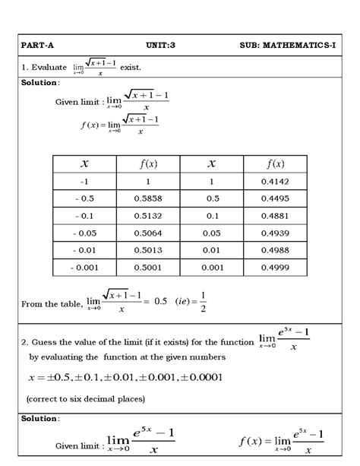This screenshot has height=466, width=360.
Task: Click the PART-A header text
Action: tap(37, 46)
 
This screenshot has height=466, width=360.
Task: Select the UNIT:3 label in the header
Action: tap(160, 46)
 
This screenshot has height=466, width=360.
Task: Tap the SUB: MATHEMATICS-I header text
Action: tap(288, 46)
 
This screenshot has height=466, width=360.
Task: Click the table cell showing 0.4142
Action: tap(275, 182)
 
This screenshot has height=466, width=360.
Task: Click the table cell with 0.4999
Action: tap(275, 268)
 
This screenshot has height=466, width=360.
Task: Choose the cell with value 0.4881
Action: tap(275, 216)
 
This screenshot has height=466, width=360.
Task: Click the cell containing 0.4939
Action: tap(275, 233)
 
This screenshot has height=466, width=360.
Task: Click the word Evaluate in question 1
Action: tap(49, 68)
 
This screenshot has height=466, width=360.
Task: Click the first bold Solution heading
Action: tap(40, 82)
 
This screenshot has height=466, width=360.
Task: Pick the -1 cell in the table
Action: tap(84, 182)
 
